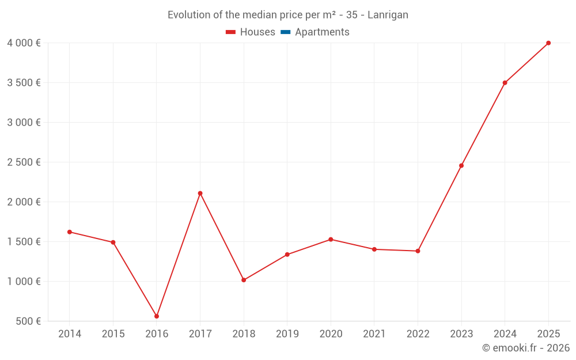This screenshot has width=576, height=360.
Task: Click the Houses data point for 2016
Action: coord(157,316)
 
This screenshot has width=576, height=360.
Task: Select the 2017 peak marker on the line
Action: coord(200,194)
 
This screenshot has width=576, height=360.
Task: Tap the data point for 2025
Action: coord(548,43)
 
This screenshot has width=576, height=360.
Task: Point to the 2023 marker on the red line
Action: coord(461,166)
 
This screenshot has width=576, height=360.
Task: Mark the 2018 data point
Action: coord(244,280)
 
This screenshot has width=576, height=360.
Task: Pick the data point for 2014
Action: coord(70,232)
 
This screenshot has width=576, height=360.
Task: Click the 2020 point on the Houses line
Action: coord(331,240)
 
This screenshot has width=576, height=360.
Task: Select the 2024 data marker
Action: coord(505,83)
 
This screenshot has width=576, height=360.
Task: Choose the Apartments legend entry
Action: coord(322,32)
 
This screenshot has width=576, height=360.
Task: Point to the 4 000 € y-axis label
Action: coord(24,43)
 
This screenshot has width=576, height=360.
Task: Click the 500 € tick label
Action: coord(27,321)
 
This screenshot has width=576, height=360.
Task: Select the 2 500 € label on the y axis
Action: coord(24,162)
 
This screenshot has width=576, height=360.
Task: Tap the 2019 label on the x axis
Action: coord(287,334)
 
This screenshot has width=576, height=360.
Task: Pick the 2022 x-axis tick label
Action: coord(418,334)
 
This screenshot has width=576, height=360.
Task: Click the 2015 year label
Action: coord(113,334)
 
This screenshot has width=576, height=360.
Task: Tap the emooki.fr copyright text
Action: coord(526,348)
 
